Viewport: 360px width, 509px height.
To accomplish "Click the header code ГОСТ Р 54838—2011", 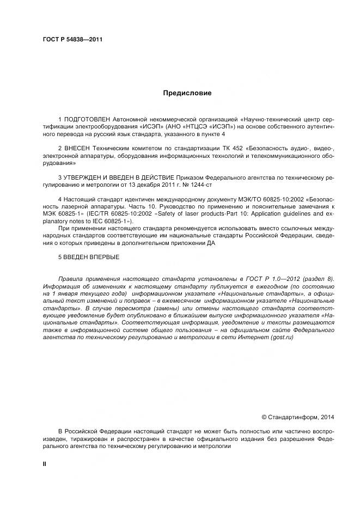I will pyautogui.click(x=72, y=40).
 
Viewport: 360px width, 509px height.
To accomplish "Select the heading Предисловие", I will pyautogui.click(x=187, y=93).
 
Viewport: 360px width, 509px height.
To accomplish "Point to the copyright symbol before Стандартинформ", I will pyautogui.click(x=264, y=418).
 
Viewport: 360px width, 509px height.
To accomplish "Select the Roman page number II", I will pyautogui.click(x=45, y=463).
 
